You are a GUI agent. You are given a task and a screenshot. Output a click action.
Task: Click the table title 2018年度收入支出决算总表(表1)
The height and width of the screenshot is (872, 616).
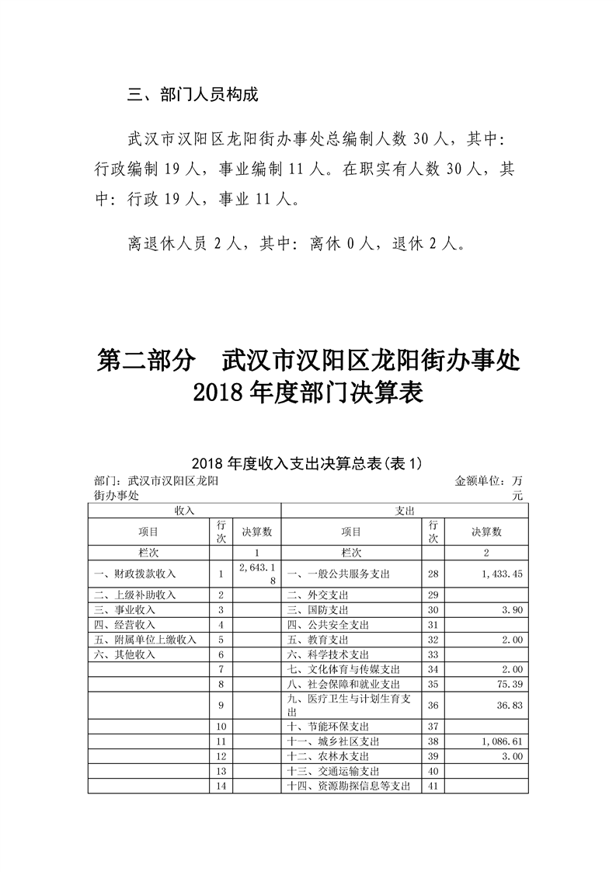(x=308, y=463)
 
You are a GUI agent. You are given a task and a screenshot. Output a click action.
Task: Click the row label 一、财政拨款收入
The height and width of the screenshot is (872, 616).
(x=135, y=574)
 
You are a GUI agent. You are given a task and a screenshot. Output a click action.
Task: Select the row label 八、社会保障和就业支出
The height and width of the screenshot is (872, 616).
(x=343, y=684)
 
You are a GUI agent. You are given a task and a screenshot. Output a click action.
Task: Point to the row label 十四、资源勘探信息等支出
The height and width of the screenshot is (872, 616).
(x=348, y=787)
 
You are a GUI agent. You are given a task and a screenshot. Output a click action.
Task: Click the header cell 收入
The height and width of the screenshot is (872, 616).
(x=184, y=510)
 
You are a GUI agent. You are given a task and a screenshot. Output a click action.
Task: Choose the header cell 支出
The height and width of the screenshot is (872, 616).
(x=405, y=510)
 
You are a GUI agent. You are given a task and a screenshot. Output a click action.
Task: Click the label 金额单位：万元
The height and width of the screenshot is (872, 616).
(x=490, y=487)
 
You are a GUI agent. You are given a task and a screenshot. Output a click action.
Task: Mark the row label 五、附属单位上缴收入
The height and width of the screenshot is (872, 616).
(x=144, y=640)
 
